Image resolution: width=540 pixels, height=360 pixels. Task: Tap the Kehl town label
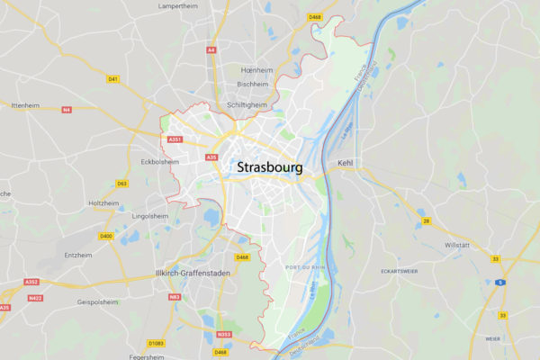pyautogui.click(x=346, y=163)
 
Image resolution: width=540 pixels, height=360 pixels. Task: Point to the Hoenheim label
pyautogui.click(x=255, y=69)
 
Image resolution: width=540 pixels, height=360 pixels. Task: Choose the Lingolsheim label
pyautogui.click(x=150, y=216)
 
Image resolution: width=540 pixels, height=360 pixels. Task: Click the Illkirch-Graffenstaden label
pyautogui.click(x=193, y=273)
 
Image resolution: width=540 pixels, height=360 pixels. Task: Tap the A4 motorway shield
pyautogui.click(x=211, y=50)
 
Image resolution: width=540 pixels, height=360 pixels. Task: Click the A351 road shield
pyautogui.click(x=175, y=139)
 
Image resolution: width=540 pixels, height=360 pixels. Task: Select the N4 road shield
pyautogui.click(x=66, y=110)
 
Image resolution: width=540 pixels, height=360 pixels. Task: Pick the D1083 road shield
pyautogui.click(x=157, y=343)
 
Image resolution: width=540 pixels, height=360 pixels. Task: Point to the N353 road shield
pyautogui.click(x=224, y=335)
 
